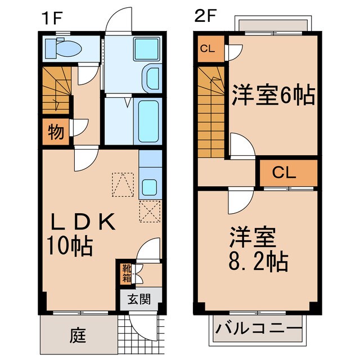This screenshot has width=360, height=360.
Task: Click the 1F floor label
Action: pos(51,16)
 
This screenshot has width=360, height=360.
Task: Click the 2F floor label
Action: pos(205,16)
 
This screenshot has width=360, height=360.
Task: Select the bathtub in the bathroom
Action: pos(150,122)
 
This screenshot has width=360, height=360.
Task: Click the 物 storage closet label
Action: pos(56,133)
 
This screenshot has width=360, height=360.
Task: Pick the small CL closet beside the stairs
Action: pos(208,48)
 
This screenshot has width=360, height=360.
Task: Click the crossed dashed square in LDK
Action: pos(149,213)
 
